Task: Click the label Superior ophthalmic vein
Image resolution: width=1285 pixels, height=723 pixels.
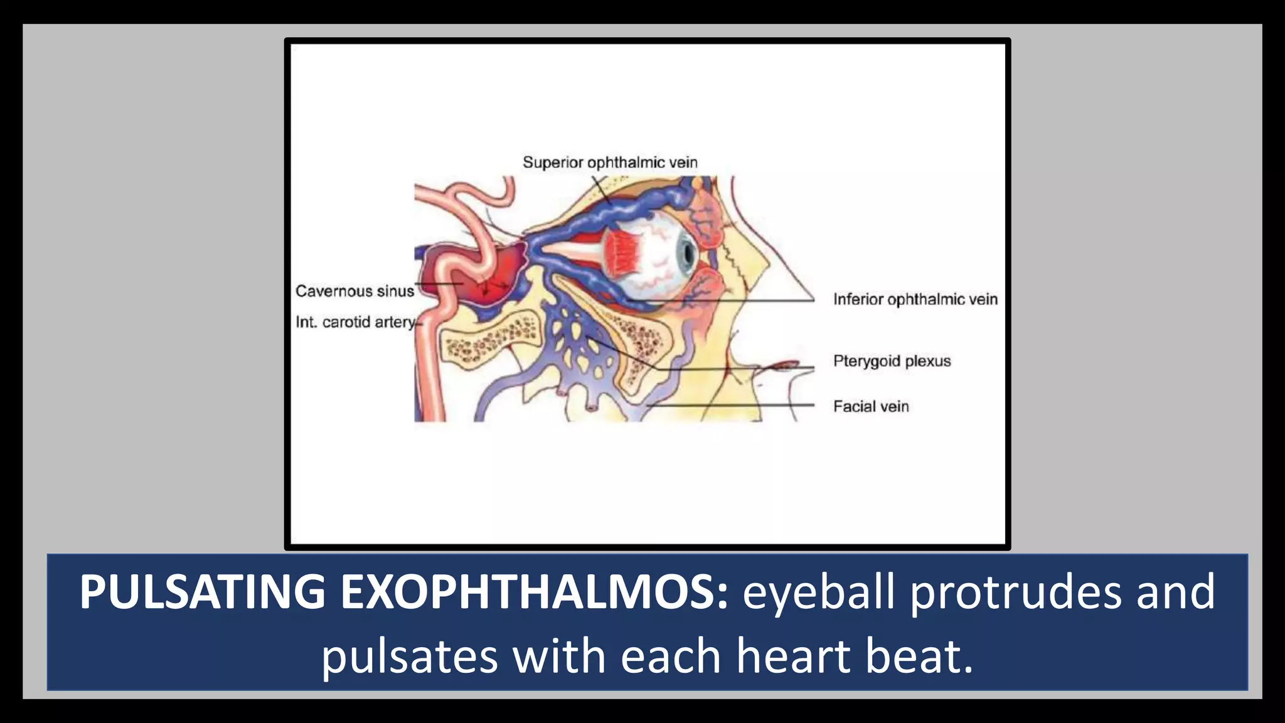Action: [x=610, y=163]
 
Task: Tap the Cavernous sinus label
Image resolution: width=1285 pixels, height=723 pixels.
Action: [x=355, y=291]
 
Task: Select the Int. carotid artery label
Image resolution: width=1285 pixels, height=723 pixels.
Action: [x=356, y=322]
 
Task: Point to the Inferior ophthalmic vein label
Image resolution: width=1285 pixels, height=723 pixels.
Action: [x=915, y=299]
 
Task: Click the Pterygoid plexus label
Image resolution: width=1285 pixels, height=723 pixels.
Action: [x=892, y=361]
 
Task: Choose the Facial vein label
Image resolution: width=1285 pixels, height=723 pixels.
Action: [x=871, y=407]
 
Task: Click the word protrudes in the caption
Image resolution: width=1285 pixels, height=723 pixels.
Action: [x=1015, y=592]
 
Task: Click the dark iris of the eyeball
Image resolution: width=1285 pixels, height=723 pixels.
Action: [x=688, y=253]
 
